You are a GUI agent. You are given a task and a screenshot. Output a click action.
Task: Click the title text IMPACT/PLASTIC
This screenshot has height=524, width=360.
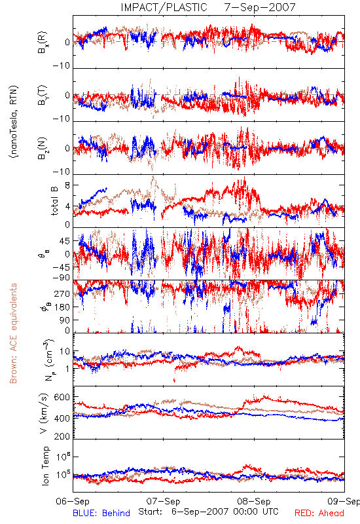pos(164,7)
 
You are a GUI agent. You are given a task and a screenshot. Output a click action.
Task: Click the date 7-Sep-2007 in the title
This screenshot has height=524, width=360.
pos(260,7)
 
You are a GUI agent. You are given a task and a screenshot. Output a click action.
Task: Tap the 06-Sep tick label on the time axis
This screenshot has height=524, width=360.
pos(73,501)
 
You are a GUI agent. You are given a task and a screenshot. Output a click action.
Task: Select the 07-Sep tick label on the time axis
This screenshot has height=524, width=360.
pos(163,501)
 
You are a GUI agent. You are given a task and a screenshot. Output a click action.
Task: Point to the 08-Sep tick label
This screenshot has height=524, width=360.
pos(254,501)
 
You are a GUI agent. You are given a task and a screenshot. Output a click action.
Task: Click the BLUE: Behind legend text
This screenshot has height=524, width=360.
pos(101,513)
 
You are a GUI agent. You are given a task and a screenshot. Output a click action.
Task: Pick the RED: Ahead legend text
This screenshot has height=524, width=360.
pos(319,513)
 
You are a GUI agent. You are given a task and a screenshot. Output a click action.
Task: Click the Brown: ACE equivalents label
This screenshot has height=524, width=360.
pos(13,333)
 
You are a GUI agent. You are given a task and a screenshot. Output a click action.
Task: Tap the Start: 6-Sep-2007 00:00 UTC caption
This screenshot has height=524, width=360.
pos(208,512)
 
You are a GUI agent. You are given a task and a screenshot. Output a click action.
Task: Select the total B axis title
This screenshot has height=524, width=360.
pos(54,201)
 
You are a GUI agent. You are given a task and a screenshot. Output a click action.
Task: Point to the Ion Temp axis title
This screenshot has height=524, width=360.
pos(45,466)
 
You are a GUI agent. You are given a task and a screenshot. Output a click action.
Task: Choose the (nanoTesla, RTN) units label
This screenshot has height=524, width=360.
pos(14,122)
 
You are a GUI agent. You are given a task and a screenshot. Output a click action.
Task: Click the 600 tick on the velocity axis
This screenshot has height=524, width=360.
pos(62,398)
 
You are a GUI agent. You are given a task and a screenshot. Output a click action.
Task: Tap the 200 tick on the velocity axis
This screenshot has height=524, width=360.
pos(62,436)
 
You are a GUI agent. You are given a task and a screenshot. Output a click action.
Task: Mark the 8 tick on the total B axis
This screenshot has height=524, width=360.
pos(67,186)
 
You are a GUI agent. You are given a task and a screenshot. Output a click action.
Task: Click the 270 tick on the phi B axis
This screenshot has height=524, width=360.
pos(62,293)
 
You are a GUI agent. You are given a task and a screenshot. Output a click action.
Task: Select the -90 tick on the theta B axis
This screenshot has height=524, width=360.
pos(62,278)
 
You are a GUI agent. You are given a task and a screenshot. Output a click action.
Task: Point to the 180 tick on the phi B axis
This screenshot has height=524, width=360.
pos(62,307)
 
